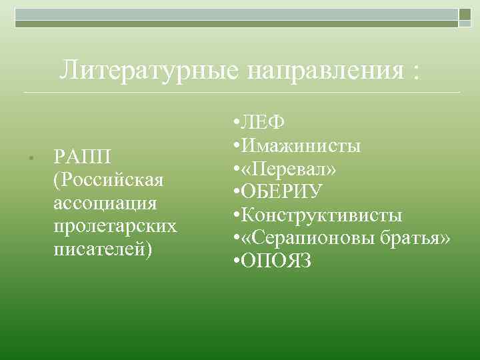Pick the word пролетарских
click(x=115, y=226)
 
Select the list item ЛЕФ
click(x=263, y=122)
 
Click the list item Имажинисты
click(x=301, y=145)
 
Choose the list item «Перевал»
click(x=289, y=169)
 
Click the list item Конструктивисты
click(x=321, y=215)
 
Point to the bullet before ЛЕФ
click(x=237, y=123)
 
